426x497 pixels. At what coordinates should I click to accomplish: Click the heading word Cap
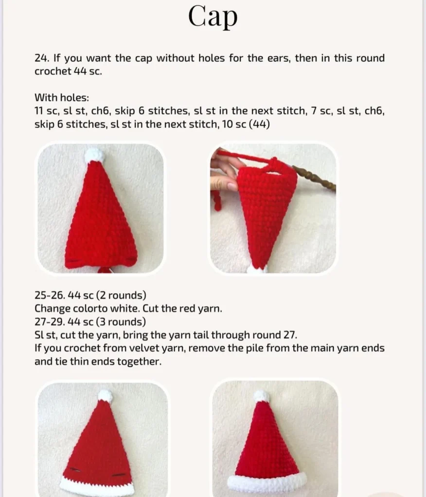coord(213,17)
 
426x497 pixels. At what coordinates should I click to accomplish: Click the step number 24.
coord(42,58)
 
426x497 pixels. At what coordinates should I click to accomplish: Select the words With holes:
coord(62,97)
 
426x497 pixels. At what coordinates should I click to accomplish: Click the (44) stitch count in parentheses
coord(259,124)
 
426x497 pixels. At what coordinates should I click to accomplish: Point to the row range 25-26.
coord(50,295)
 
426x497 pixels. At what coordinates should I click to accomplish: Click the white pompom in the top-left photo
coord(94,156)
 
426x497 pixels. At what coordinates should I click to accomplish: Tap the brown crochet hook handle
coord(315,178)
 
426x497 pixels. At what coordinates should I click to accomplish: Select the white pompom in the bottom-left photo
coord(105,396)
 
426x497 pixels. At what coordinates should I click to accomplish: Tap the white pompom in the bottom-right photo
coord(261,396)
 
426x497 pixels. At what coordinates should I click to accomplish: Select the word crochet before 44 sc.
coord(53,71)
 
